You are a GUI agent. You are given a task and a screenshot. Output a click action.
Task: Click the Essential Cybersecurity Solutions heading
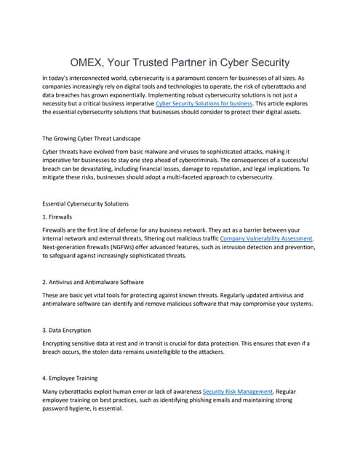(85, 203)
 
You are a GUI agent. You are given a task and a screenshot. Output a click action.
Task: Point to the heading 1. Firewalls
(61, 217)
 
